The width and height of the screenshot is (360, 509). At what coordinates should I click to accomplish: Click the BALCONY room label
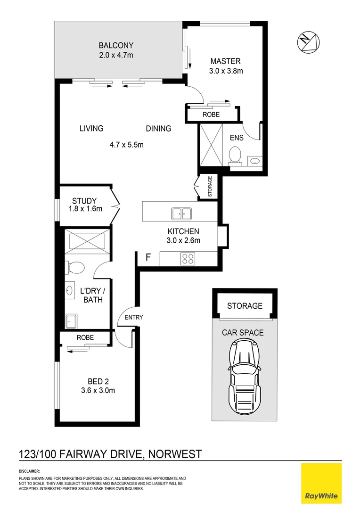pyautogui.click(x=116, y=46)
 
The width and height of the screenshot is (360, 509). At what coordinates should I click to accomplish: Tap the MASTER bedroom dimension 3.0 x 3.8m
pyautogui.click(x=225, y=71)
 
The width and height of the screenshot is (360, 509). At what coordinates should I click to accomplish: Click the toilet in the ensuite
pyautogui.click(x=235, y=155)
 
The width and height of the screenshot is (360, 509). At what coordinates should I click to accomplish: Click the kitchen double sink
pyautogui.click(x=181, y=213)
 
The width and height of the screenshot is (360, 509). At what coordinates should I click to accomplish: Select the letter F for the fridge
pyautogui.click(x=148, y=257)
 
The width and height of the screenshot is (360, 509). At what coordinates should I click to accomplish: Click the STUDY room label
pyautogui.click(x=84, y=201)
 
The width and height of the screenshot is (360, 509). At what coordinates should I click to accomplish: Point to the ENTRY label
pyautogui.click(x=133, y=317)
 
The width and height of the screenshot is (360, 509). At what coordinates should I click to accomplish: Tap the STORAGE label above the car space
pyautogui.click(x=245, y=306)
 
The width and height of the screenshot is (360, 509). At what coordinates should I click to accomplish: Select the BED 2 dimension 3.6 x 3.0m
pyautogui.click(x=98, y=390)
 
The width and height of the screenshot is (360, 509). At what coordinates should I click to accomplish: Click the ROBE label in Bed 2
pyautogui.click(x=85, y=337)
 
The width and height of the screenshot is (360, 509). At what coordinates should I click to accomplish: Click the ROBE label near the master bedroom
pyautogui.click(x=211, y=115)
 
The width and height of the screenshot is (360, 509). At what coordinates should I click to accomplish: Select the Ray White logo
pyautogui.click(x=321, y=483)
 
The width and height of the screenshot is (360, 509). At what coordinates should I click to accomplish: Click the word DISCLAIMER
pyautogui.click(x=29, y=471)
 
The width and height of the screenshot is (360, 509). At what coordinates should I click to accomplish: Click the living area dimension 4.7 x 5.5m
pyautogui.click(x=126, y=145)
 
